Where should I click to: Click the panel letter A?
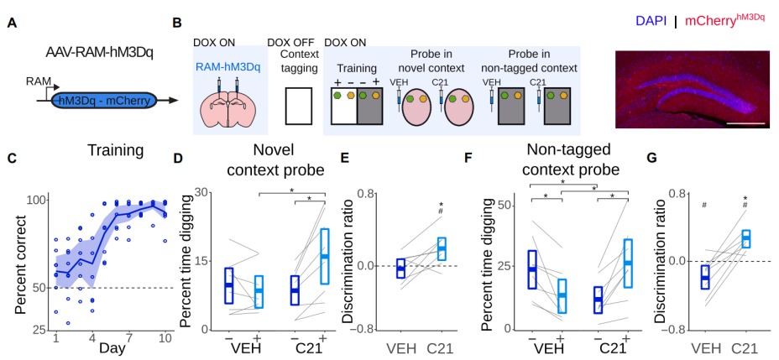[12, 23]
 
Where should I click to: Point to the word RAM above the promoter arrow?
[39, 81]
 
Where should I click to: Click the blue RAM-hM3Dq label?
[227, 66]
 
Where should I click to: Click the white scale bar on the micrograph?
[742, 123]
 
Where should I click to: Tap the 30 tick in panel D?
[202, 192]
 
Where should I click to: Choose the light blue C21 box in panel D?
[324, 256]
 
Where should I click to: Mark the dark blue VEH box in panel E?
[400, 267]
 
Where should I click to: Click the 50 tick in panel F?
[505, 205]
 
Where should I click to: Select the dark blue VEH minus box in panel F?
[532, 269]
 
